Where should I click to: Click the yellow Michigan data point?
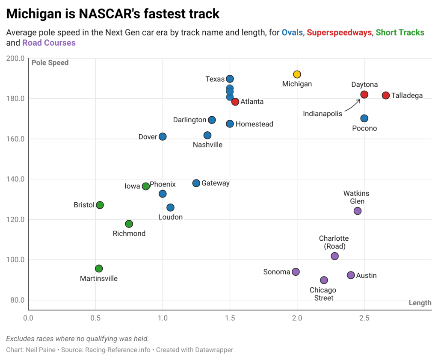tap(297, 74)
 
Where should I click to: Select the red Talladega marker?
tap(386, 95)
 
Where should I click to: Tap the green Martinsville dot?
tap(99, 269)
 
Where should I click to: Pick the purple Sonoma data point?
tap(296, 272)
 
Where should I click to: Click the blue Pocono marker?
tap(364, 118)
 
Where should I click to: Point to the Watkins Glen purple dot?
tap(358, 211)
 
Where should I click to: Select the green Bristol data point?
tap(100, 205)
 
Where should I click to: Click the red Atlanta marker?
tap(235, 102)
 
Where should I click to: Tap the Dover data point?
tap(163, 137)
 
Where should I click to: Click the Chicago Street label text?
tap(323, 294)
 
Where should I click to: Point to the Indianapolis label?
tap(323, 114)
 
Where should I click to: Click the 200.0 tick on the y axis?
tap(15, 58)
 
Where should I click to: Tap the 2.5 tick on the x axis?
tap(364, 318)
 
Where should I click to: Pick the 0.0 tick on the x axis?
tap(28, 318)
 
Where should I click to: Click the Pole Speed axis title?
tap(50, 63)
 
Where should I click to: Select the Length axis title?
tap(420, 303)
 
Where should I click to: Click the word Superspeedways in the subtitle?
tap(339, 32)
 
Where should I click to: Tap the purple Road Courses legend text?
tap(49, 43)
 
